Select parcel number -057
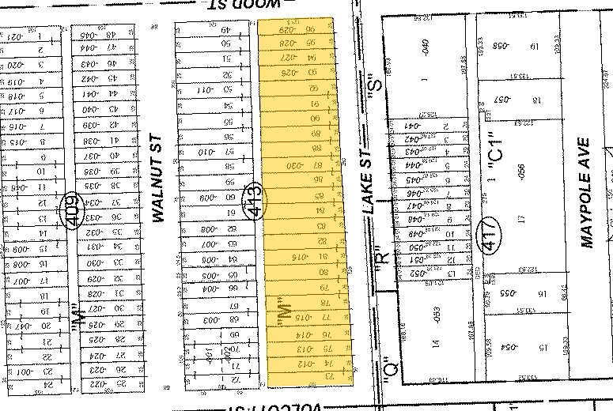tap(499, 100)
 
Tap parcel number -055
tap(499, 296)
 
